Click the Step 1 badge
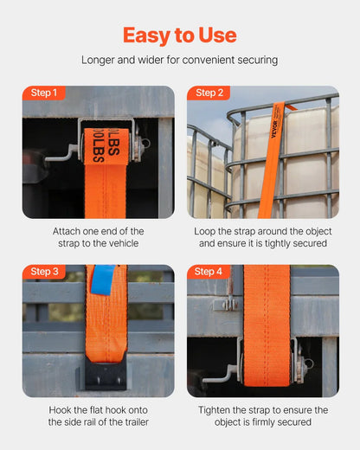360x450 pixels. [x=44, y=93]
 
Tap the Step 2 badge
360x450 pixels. [x=209, y=93]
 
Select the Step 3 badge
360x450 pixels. [x=44, y=272]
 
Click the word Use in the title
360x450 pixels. [x=216, y=35]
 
